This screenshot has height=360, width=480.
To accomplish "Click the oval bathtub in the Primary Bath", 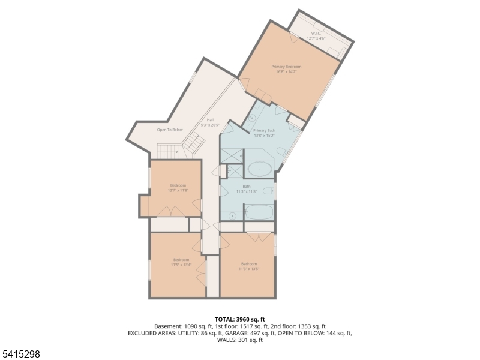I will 259,169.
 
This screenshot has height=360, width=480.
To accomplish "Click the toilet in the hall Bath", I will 270,191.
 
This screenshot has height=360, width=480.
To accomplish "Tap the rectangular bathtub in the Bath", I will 259,212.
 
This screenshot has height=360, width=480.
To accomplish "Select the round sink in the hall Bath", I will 232,215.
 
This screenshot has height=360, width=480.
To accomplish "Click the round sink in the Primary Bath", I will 251,117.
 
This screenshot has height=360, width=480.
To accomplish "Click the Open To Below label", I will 170,130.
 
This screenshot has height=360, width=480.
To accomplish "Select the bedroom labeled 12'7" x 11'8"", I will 179,188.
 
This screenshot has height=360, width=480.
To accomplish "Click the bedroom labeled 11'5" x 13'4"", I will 181,262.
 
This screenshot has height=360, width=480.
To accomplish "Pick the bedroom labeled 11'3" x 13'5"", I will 249,266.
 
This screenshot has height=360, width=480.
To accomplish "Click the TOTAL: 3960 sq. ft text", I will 240,319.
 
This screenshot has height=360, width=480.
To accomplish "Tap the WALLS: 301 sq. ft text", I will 240,340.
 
